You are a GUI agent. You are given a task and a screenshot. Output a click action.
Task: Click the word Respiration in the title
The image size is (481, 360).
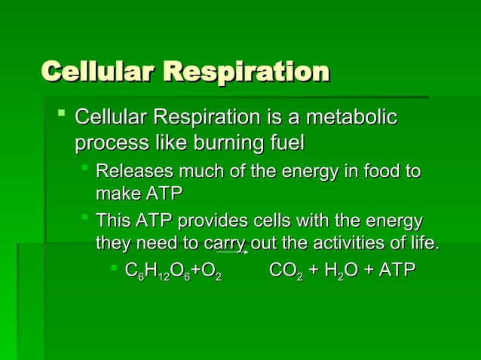pos(246,72)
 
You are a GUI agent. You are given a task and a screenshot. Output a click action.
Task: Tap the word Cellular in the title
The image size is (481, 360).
pos(98,72)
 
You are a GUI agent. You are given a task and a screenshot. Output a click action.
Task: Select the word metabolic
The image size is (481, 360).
pos(351,118)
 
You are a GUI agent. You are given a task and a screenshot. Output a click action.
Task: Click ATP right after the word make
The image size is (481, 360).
pos(164,194)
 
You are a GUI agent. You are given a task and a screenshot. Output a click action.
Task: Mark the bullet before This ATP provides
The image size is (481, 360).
pos(86,218)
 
